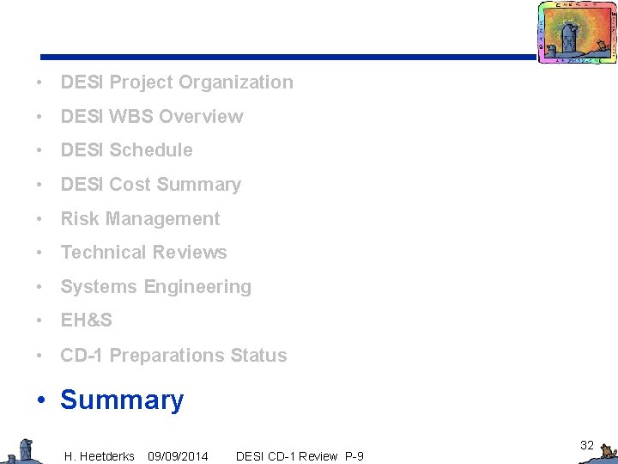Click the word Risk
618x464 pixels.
tap(80, 219)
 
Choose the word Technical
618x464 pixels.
tap(101, 253)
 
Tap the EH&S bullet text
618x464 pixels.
tap(86, 321)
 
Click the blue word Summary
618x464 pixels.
tap(122, 400)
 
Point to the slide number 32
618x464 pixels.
tap(587, 445)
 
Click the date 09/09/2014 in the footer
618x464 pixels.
tap(178, 456)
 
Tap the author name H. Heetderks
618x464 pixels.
tap(100, 456)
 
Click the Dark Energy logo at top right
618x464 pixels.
tap(577, 33)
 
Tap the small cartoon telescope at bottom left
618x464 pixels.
tap(22, 450)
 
